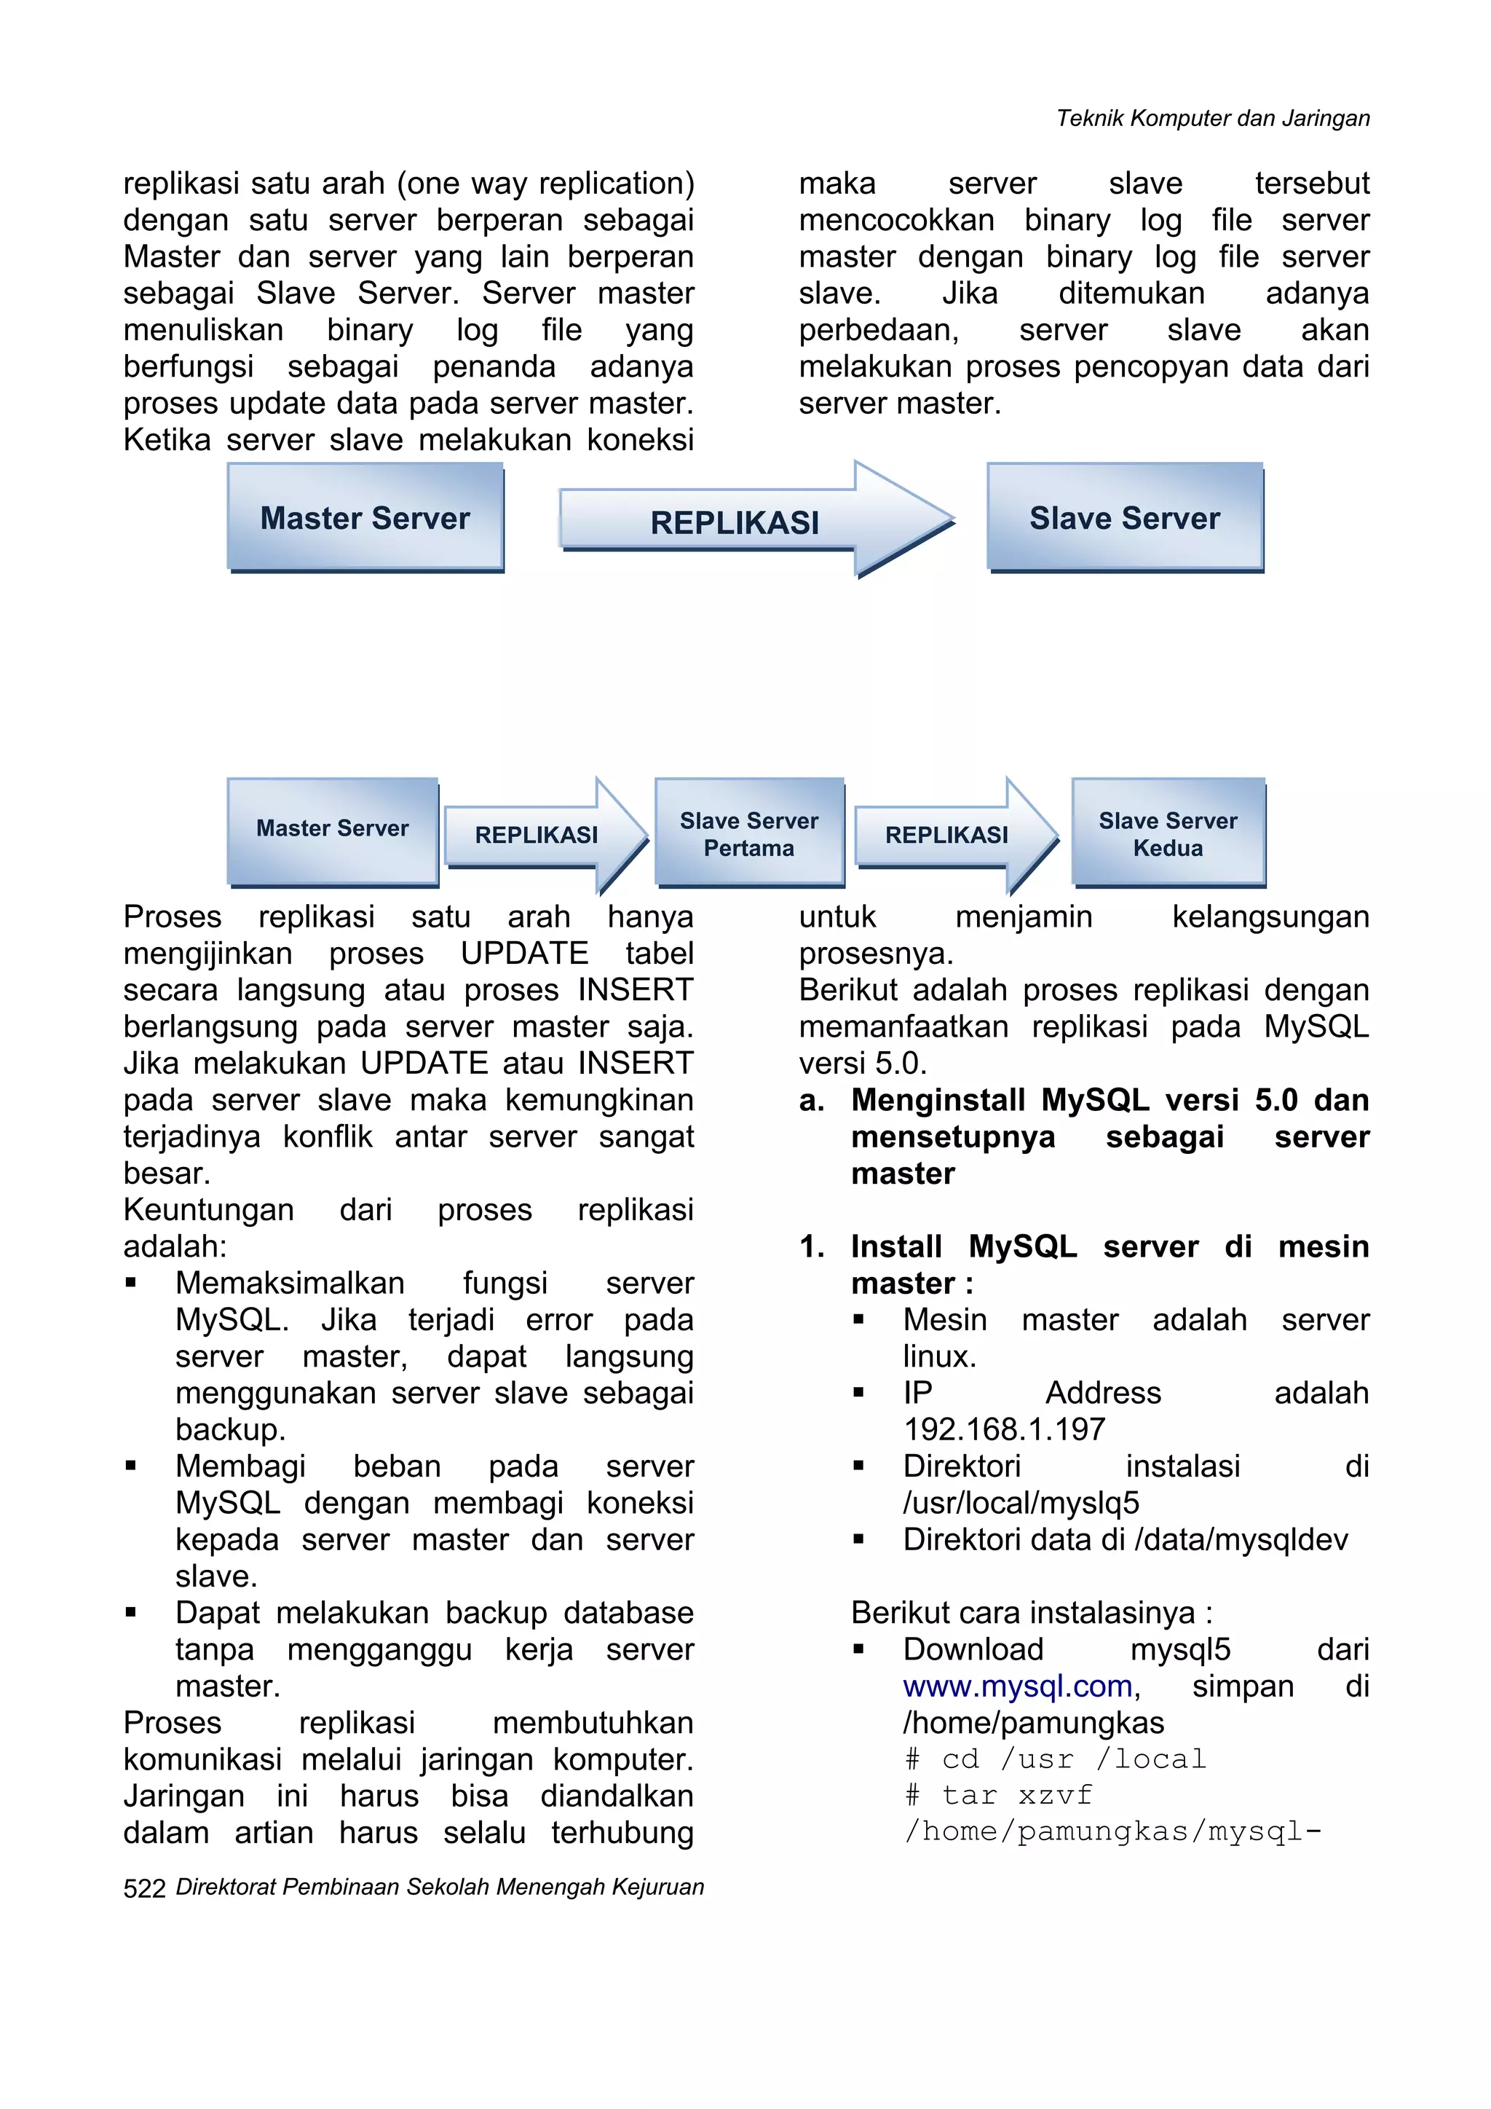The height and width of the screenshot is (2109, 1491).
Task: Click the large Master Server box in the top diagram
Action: (x=365, y=517)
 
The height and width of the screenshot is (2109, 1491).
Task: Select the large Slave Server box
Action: (x=1125, y=517)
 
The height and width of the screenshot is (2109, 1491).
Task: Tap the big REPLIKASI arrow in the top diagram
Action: (x=735, y=522)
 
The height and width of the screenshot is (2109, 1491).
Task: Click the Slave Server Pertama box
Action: (x=749, y=833)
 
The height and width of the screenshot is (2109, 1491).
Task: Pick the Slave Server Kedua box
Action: (x=1168, y=833)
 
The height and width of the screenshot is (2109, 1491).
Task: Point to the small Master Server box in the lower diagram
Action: (x=333, y=830)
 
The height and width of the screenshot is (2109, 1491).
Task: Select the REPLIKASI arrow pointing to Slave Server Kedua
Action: (x=947, y=834)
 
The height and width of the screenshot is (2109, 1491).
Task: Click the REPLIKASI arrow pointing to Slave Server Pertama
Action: (x=537, y=834)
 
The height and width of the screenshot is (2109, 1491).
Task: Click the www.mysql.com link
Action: (x=1017, y=1686)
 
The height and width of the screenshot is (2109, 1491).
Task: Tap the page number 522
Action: (x=144, y=1888)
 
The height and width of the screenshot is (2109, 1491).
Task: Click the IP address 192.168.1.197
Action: (x=1005, y=1430)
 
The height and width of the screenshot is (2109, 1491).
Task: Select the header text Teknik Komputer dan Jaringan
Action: (x=1212, y=119)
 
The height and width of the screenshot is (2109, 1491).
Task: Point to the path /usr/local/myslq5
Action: (x=1021, y=1504)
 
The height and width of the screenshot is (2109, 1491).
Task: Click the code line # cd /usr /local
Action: (x=1055, y=1760)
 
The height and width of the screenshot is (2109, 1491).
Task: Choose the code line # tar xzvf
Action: (x=998, y=1796)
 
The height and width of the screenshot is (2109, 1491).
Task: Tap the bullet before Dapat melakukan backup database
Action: (x=131, y=1612)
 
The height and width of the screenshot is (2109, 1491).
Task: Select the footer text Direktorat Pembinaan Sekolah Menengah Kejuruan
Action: (x=440, y=1888)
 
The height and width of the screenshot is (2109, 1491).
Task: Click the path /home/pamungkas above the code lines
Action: (x=1033, y=1723)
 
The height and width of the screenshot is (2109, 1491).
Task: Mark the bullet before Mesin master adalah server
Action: (x=858, y=1320)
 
